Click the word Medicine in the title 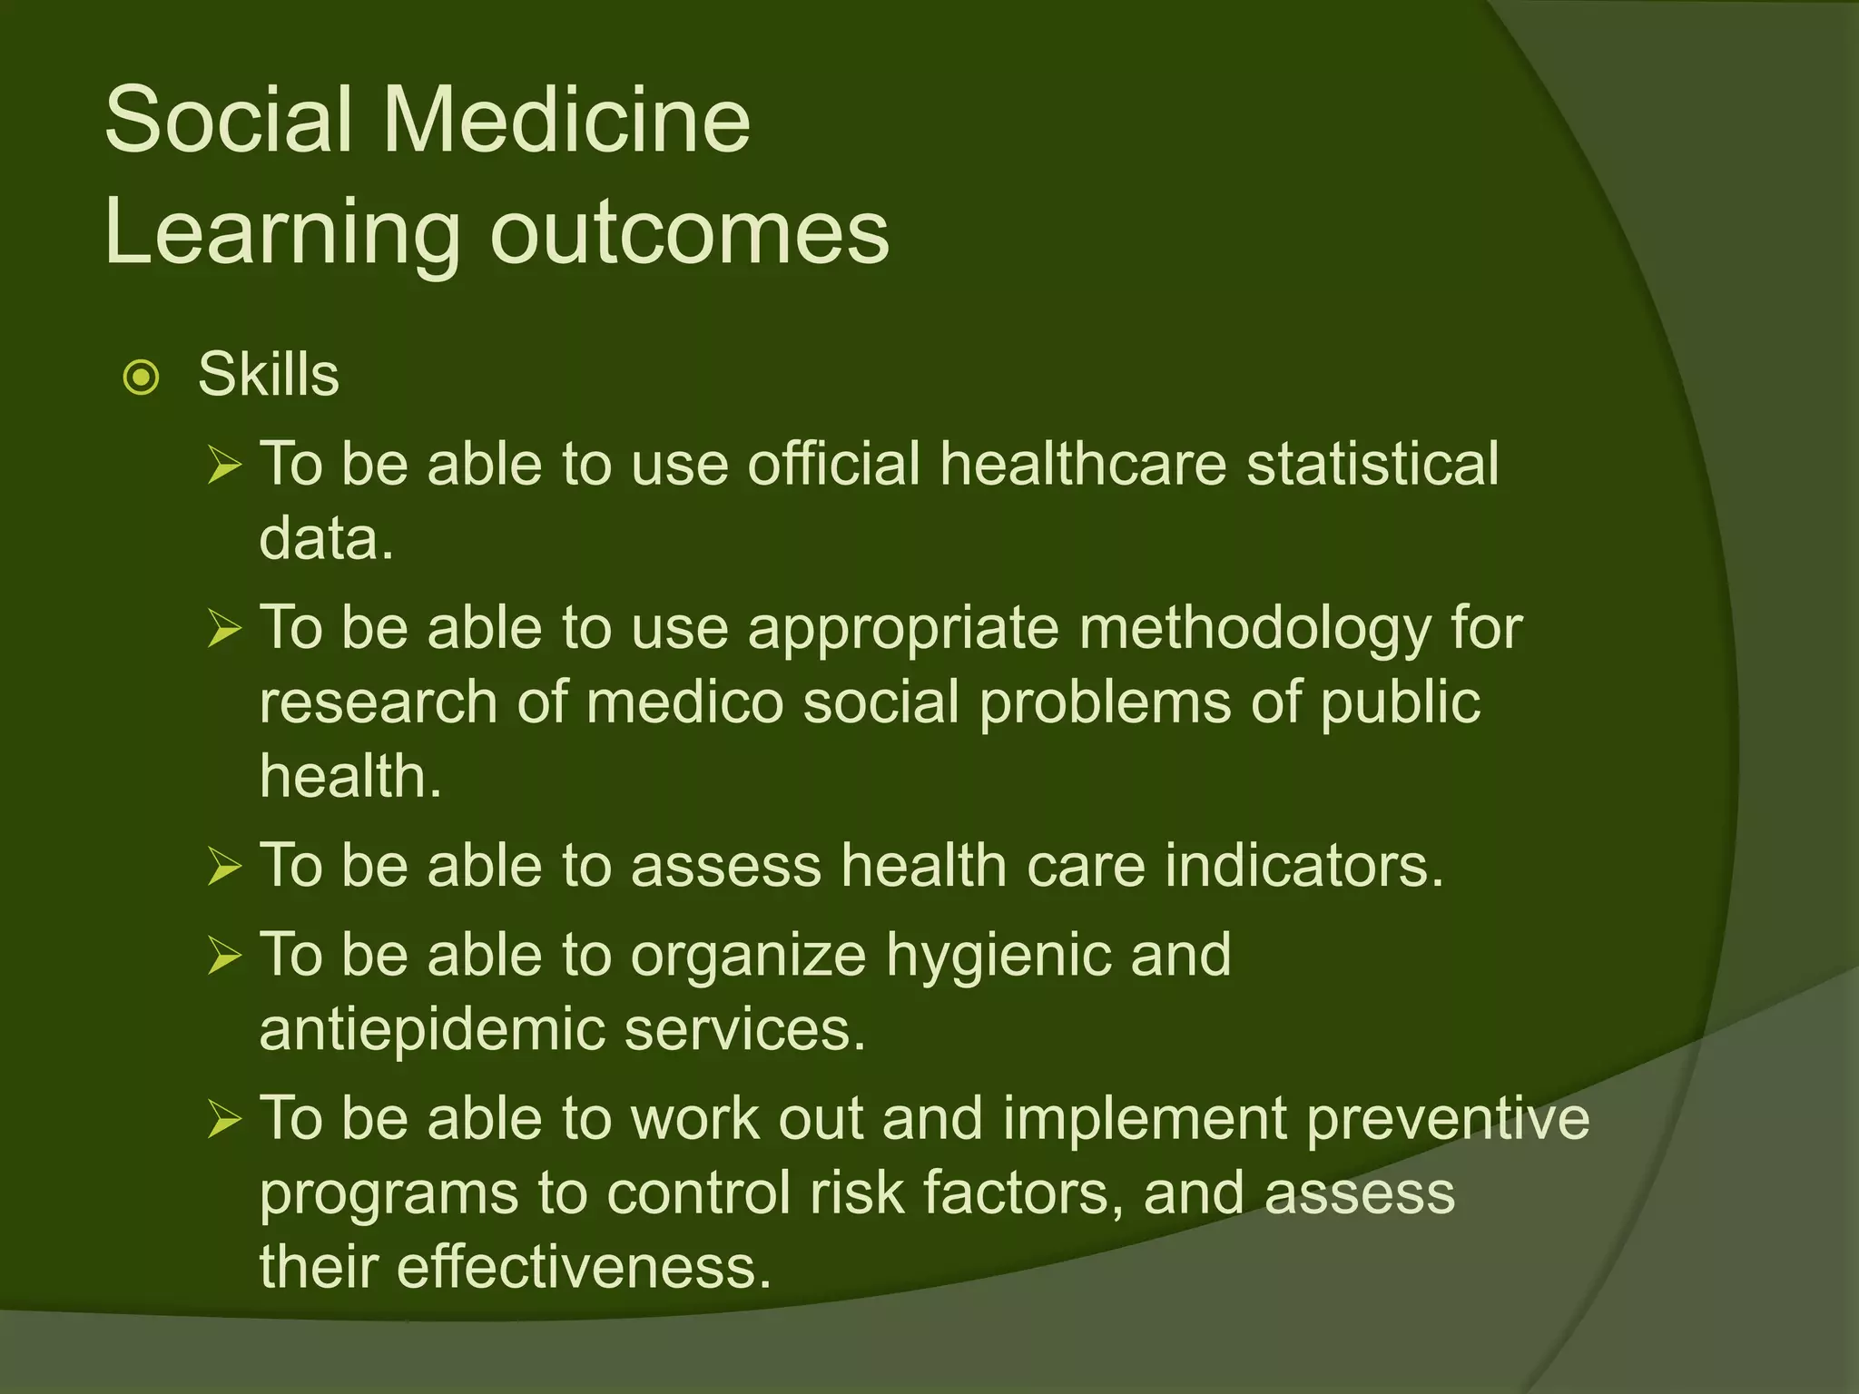pyautogui.click(x=566, y=120)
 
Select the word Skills pyautogui.click(x=269, y=374)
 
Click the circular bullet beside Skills pyautogui.click(x=142, y=378)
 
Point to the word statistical pyautogui.click(x=1372, y=464)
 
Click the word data pyautogui.click(x=326, y=538)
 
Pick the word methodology pyautogui.click(x=1254, y=628)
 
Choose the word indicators pyautogui.click(x=1303, y=865)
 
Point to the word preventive pyautogui.click(x=1448, y=1118)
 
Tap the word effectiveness pyautogui.click(x=584, y=1267)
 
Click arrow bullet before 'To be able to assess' pyautogui.click(x=223, y=866)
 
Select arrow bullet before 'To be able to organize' pyautogui.click(x=223, y=956)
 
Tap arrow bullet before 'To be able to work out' pyautogui.click(x=223, y=1119)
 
